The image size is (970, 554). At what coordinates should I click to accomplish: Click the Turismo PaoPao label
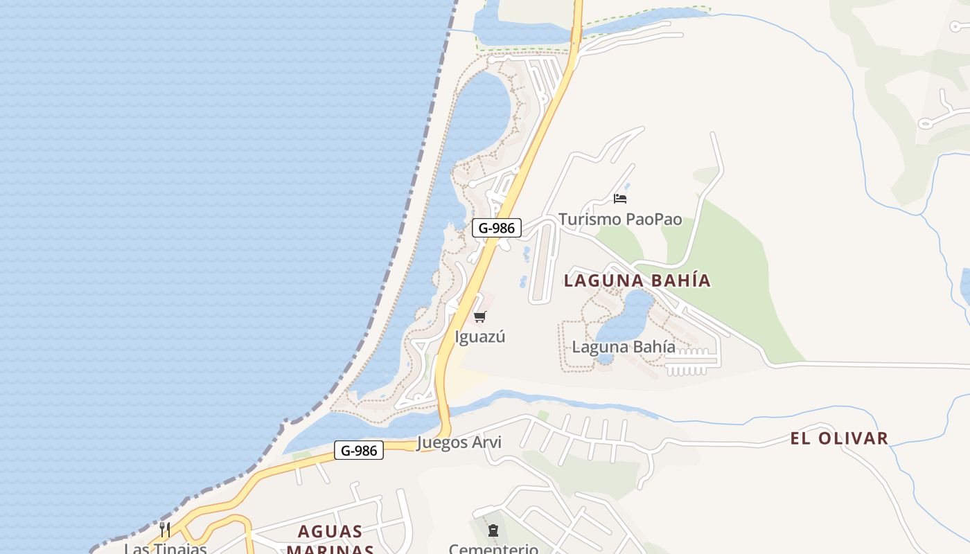pyautogui.click(x=620, y=220)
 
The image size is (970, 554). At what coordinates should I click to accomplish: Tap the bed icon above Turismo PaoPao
pyautogui.click(x=620, y=199)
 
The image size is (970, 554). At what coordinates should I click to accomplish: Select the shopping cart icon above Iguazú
pyautogui.click(x=479, y=317)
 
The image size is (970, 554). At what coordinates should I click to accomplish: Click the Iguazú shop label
pyautogui.click(x=479, y=337)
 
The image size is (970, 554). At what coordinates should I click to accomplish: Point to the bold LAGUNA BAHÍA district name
pyautogui.click(x=637, y=280)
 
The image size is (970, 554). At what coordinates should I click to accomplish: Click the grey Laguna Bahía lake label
pyautogui.click(x=623, y=347)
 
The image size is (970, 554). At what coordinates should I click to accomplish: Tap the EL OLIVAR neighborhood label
pyautogui.click(x=839, y=438)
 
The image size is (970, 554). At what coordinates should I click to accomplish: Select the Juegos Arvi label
pyautogui.click(x=459, y=443)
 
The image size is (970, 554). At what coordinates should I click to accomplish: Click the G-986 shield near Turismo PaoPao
pyautogui.click(x=496, y=228)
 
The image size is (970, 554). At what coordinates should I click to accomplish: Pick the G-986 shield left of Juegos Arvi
pyautogui.click(x=359, y=451)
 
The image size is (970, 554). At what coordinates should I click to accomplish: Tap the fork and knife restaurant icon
pyautogui.click(x=165, y=530)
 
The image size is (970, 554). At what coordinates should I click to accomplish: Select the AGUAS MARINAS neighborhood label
pyautogui.click(x=330, y=541)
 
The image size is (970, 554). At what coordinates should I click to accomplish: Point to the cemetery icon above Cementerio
pyautogui.click(x=493, y=531)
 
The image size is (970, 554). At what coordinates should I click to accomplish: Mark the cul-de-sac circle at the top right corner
pyautogui.click(x=956, y=27)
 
